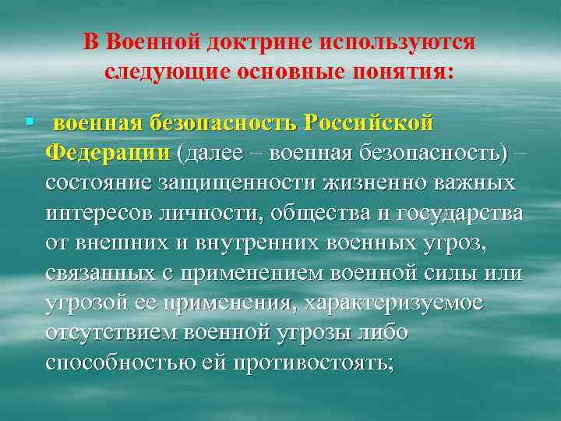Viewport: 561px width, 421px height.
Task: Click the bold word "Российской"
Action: pyautogui.click(x=368, y=123)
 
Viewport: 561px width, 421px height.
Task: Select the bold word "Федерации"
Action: pyautogui.click(x=108, y=153)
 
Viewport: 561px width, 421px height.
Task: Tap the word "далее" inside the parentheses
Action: pyautogui.click(x=211, y=153)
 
